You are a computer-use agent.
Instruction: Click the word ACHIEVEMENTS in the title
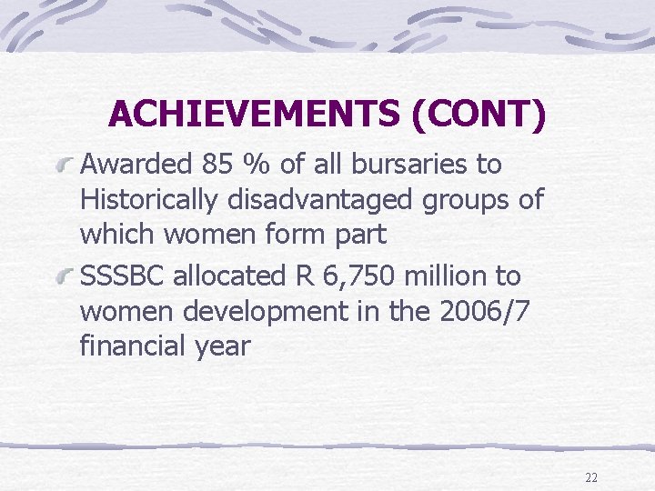[253, 114]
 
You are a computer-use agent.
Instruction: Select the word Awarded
[136, 165]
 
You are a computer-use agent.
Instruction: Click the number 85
[218, 165]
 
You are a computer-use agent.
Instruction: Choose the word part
[360, 235]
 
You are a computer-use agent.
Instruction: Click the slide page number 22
[591, 476]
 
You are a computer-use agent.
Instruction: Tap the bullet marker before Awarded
[63, 166]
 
